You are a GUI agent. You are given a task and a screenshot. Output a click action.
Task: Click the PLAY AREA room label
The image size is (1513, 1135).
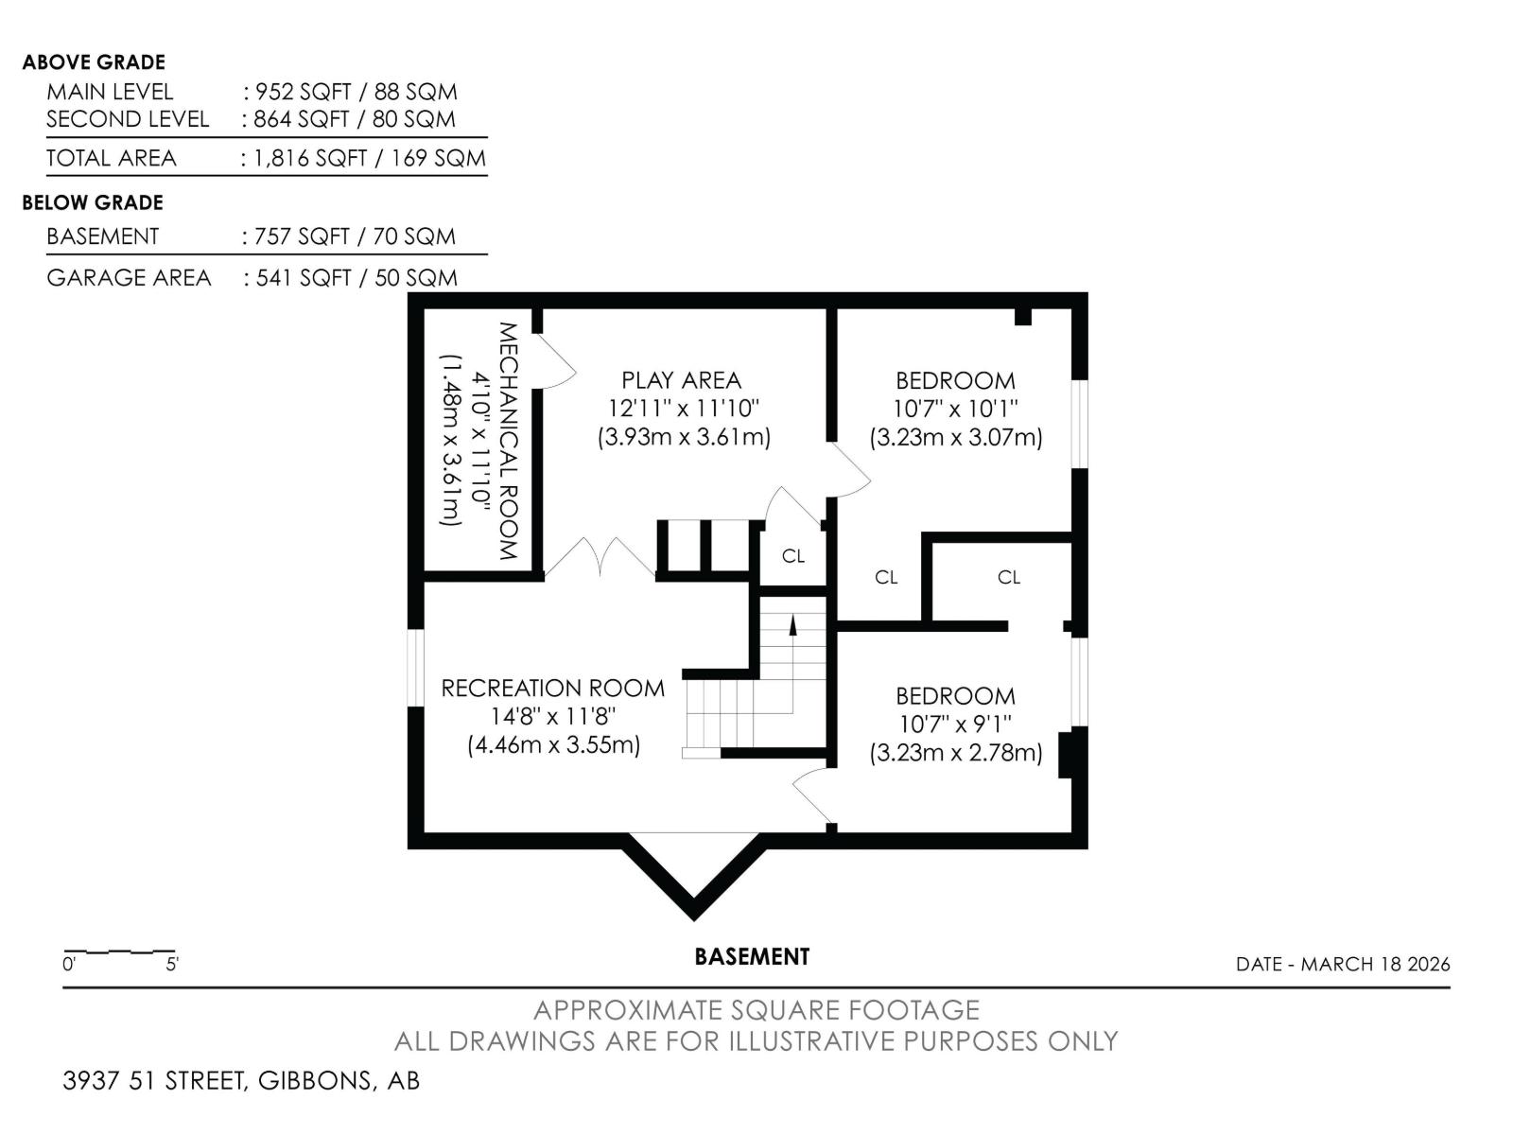coord(681,380)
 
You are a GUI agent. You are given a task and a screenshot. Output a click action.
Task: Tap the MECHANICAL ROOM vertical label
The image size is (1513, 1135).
coord(507,441)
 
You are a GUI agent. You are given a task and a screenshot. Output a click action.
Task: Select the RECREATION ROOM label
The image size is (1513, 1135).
coord(553,689)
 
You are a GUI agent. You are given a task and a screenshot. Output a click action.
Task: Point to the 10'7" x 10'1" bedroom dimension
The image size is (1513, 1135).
coord(955,409)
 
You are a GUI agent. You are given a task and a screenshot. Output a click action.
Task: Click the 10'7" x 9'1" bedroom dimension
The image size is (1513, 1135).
coord(955,725)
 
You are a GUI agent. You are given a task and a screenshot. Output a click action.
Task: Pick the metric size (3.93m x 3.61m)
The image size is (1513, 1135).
coord(684,437)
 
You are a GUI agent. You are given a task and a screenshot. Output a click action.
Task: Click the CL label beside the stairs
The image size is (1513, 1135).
coord(793,556)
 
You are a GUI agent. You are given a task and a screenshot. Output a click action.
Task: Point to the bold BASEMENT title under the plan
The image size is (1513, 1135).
coord(752,957)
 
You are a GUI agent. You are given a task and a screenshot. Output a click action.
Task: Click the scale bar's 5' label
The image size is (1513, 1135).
coord(172,964)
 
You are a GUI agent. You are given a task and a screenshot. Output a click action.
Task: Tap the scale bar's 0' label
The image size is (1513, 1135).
coord(69,964)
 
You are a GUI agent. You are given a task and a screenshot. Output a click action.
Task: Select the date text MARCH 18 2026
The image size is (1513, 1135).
coord(1375,964)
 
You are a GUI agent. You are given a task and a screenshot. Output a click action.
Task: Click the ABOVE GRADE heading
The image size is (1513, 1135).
coord(94,62)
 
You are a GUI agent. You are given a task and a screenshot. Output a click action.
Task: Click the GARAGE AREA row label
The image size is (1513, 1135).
coord(129,278)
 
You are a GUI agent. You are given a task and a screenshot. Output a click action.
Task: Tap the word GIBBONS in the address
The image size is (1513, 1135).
coord(315,1080)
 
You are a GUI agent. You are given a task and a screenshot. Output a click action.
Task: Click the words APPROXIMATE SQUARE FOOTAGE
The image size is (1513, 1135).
coord(756,1010)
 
